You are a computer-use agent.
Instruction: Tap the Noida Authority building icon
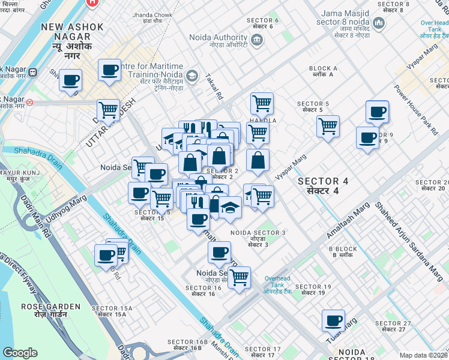pos(257,40)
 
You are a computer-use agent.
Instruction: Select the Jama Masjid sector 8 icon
pos(378,24)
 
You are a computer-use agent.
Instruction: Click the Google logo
pos(20,352)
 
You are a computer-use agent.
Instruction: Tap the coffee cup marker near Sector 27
pos(333,320)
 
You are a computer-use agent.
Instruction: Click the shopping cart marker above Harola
pos(262,103)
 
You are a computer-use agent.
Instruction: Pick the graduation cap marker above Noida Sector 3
pos(229,207)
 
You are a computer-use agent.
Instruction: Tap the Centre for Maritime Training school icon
pos(191,76)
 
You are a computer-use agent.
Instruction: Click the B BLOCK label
pos(343,249)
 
